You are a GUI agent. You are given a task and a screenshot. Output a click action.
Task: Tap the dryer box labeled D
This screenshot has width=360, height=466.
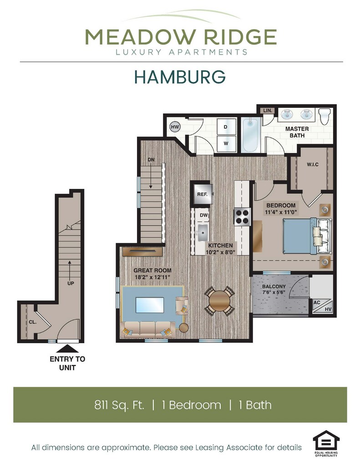click(x=226, y=127)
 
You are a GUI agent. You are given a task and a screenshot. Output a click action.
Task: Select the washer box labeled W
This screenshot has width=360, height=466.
click(x=226, y=144)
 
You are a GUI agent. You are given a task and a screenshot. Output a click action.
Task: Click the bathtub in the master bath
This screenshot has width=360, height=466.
click(x=251, y=135)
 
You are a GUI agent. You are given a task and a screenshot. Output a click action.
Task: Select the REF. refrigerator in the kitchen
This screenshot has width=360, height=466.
click(x=202, y=194)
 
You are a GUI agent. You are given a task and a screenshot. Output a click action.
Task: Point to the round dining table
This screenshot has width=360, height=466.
click(x=220, y=300)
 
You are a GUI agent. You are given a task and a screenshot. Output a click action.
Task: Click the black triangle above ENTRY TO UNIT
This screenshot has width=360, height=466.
click(x=67, y=349)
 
